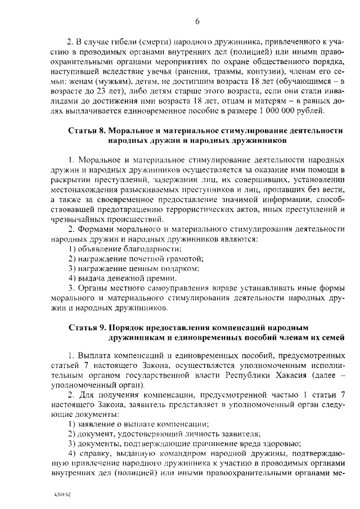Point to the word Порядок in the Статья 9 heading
(x=129, y=327)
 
